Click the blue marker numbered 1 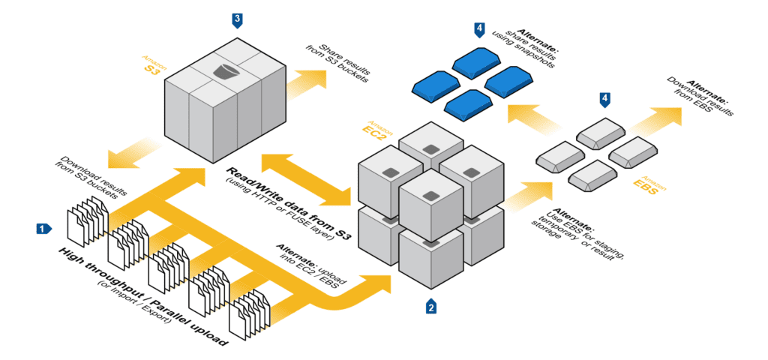[44, 226]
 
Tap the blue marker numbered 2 [430, 307]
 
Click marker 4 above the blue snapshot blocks [479, 29]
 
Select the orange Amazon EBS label [645, 185]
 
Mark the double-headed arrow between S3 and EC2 [307, 179]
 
